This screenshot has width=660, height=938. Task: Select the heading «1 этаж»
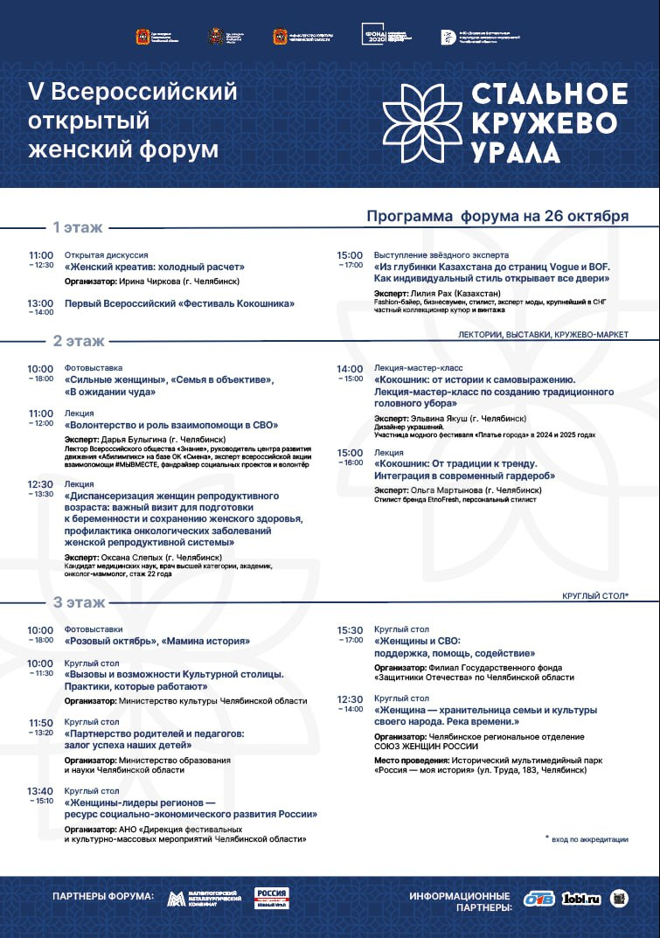(x=78, y=227)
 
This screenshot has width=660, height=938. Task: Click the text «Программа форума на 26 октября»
(x=497, y=216)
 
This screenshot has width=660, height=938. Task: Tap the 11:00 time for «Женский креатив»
(x=40, y=255)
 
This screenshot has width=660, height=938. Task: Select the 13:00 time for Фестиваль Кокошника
(x=40, y=302)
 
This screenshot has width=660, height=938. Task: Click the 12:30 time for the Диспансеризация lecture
(x=40, y=483)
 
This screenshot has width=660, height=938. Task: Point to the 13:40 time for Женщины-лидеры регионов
(x=40, y=790)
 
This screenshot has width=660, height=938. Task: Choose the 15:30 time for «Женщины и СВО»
(x=350, y=629)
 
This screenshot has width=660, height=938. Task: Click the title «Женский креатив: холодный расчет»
(x=155, y=267)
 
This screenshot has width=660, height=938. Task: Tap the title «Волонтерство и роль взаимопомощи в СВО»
(x=171, y=425)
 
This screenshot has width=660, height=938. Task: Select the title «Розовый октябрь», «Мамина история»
(x=157, y=641)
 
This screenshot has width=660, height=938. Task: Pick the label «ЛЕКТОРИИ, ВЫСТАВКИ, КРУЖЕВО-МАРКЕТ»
(x=543, y=335)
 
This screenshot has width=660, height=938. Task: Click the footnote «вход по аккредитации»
(x=590, y=839)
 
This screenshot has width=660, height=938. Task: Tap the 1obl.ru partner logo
(x=581, y=898)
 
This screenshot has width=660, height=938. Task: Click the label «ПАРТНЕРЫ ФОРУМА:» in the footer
(x=103, y=898)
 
